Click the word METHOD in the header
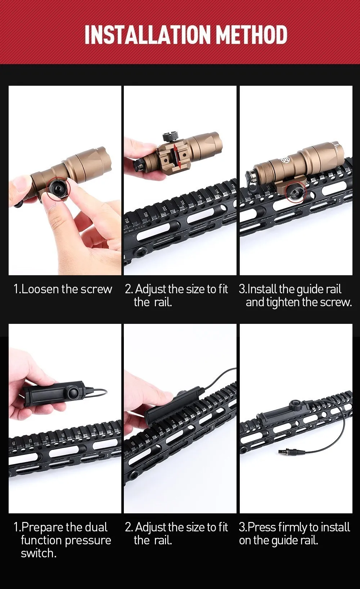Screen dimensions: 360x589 point(253,35)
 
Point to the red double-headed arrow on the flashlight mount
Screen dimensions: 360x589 point(176,156)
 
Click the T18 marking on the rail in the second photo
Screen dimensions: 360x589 point(126,220)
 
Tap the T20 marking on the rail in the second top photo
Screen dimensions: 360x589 point(145,214)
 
